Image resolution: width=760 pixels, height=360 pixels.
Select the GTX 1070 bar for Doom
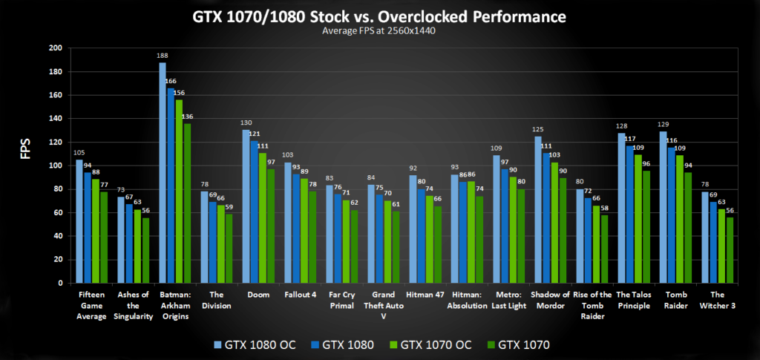pos(271,226)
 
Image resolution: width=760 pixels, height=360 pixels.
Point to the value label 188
pos(162,56)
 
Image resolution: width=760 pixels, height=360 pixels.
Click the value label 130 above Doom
pos(246,123)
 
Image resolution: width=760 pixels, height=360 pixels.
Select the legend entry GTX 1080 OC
pos(256,344)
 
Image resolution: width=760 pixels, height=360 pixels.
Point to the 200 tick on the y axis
pos(56,48)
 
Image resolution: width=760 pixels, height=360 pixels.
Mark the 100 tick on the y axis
pos(56,166)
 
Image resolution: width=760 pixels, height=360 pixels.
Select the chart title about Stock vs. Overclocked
pos(380,16)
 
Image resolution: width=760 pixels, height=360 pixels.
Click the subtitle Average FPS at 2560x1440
pos(380,31)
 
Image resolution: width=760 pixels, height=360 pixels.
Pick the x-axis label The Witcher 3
pos(716,300)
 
